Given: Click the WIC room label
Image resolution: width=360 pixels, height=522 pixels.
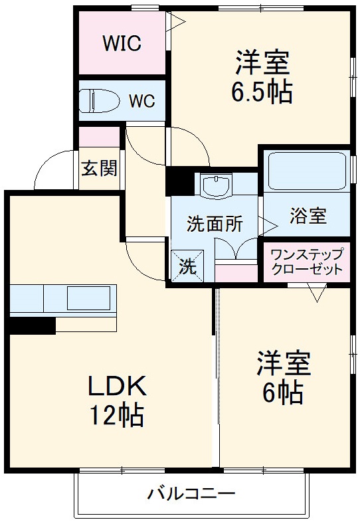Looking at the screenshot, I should pyautogui.click(x=122, y=44).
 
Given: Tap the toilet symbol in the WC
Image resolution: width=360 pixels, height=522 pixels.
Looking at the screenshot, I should pyautogui.click(x=96, y=101).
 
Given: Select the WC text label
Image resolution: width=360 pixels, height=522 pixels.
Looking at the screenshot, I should pyautogui.click(x=141, y=101).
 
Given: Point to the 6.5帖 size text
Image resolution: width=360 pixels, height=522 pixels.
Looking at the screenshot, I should pyautogui.click(x=262, y=93).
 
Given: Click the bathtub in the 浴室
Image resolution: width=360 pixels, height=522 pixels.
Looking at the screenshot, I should pyautogui.click(x=306, y=172).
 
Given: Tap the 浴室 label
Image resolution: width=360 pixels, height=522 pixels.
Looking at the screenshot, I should pyautogui.click(x=308, y=215).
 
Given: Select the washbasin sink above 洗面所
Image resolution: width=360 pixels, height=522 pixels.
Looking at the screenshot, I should pyautogui.click(x=216, y=186).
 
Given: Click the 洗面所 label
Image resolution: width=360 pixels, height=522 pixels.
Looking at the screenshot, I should pyautogui.click(x=214, y=224).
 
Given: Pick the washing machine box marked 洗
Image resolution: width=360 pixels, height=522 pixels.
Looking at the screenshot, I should pyautogui.click(x=188, y=267).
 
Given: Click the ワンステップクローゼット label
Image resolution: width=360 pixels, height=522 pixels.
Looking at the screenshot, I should pyautogui.click(x=307, y=262).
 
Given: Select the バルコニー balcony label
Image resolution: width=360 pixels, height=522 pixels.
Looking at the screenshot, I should pyautogui.click(x=191, y=494).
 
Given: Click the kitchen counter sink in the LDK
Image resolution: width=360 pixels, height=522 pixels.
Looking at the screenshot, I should pyautogui.click(x=88, y=298).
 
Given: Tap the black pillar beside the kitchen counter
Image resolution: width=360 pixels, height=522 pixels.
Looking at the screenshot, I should pyautogui.click(x=32, y=325).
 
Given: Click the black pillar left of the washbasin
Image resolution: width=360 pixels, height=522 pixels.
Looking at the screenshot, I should pyautogui.click(x=178, y=179).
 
